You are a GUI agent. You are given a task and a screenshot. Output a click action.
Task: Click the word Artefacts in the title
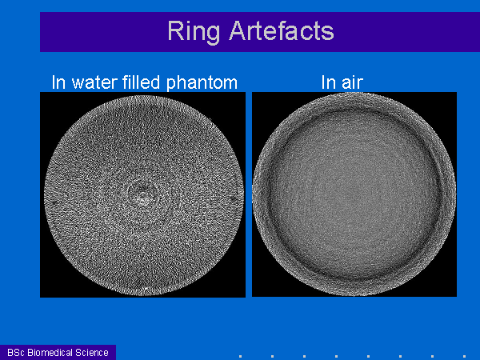[x=282, y=30]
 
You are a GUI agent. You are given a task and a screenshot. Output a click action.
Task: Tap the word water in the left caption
[x=94, y=82]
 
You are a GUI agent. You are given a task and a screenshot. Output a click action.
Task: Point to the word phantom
[x=202, y=83]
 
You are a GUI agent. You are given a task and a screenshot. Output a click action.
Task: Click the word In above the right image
[x=327, y=82]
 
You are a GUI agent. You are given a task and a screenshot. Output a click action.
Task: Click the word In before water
[x=58, y=82]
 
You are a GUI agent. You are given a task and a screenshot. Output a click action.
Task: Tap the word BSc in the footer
[x=16, y=353]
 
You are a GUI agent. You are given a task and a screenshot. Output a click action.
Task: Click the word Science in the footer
[x=92, y=353]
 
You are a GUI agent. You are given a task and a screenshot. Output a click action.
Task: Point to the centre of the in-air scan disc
[x=354, y=194]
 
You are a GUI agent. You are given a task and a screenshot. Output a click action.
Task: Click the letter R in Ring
[x=176, y=30]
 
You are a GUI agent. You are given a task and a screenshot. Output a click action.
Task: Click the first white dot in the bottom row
[x=240, y=356]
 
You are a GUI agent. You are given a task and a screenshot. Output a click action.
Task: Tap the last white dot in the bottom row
[x=464, y=356]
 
